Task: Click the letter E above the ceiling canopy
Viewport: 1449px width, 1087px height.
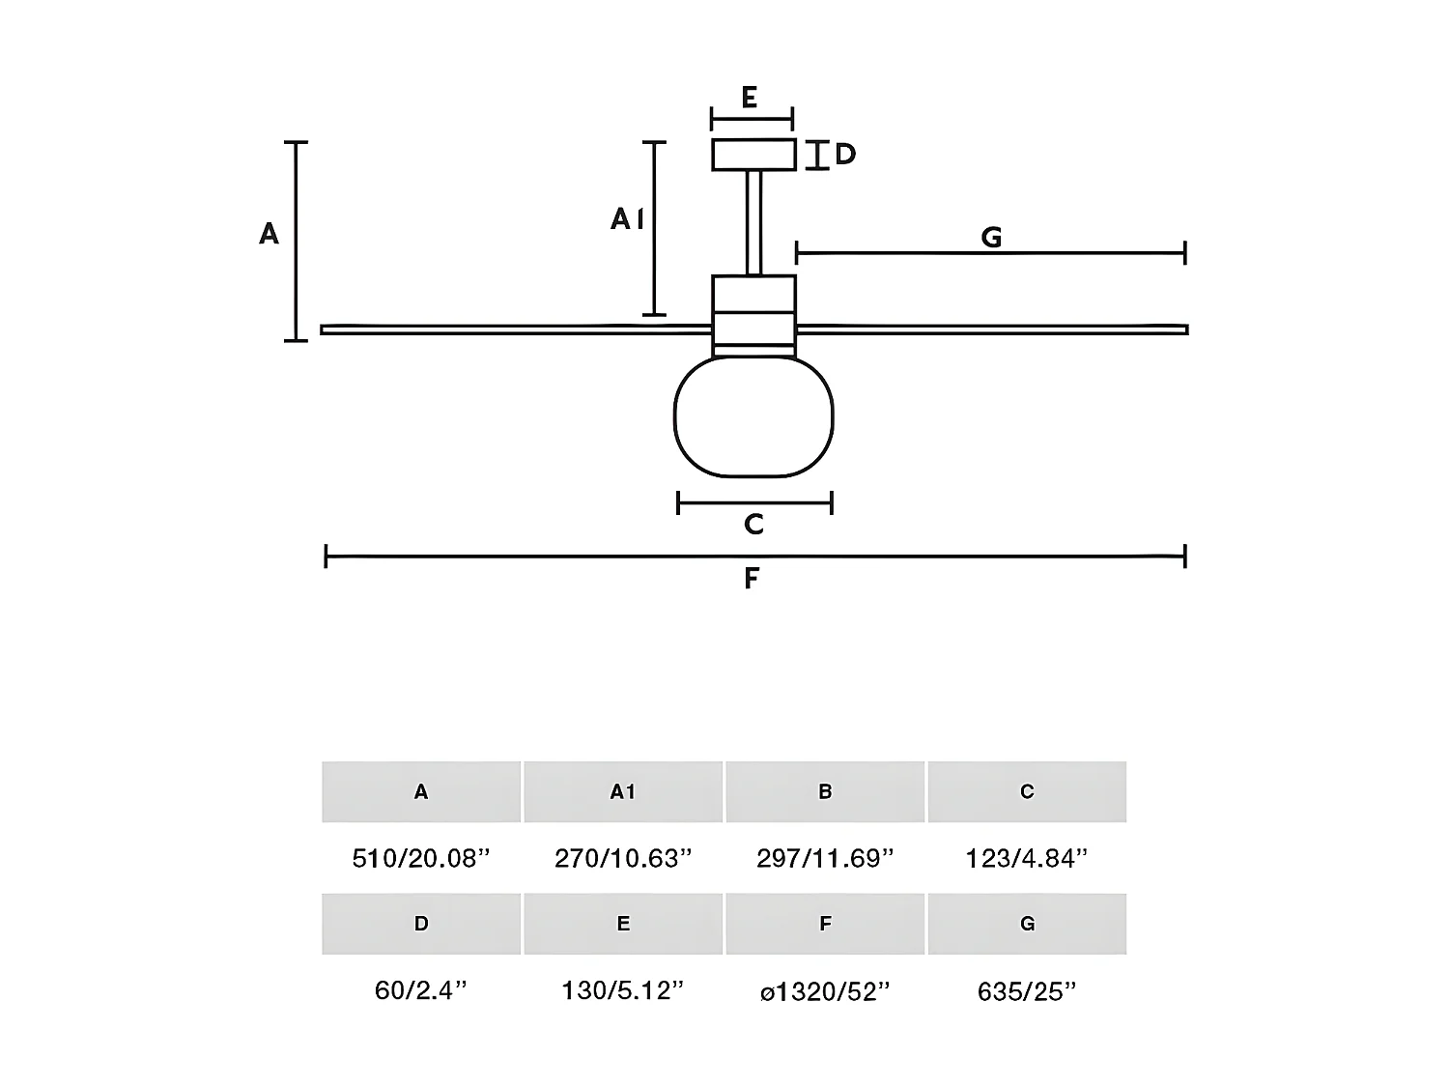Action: click(x=749, y=98)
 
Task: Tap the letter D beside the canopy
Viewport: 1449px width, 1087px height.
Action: click(x=845, y=155)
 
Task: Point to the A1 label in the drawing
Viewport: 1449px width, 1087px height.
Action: click(x=627, y=220)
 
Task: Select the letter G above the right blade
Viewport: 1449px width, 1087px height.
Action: click(x=991, y=238)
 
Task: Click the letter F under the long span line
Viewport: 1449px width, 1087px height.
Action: click(x=752, y=579)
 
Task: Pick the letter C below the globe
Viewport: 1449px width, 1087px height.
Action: click(x=754, y=525)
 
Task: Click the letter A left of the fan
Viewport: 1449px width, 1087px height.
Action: click(x=269, y=234)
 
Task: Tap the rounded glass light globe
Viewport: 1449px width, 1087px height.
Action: click(x=753, y=416)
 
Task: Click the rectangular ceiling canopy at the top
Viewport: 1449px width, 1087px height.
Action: click(x=753, y=155)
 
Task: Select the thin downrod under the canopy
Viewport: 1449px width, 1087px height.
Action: click(x=753, y=222)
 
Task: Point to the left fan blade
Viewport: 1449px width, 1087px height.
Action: click(x=512, y=329)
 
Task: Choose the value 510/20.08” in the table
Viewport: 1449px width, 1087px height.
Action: click(x=421, y=858)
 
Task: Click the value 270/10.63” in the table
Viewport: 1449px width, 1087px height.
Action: click(x=623, y=858)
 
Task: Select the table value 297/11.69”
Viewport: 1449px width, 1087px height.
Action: click(x=825, y=858)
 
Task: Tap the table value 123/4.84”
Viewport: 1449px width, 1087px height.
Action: click(x=1027, y=858)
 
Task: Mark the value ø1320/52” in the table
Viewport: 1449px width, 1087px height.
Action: click(x=825, y=991)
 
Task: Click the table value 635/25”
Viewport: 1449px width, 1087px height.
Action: click(x=1027, y=991)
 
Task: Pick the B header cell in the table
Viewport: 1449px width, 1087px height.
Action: click(x=825, y=792)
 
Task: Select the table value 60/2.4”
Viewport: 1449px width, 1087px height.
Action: click(x=421, y=991)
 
